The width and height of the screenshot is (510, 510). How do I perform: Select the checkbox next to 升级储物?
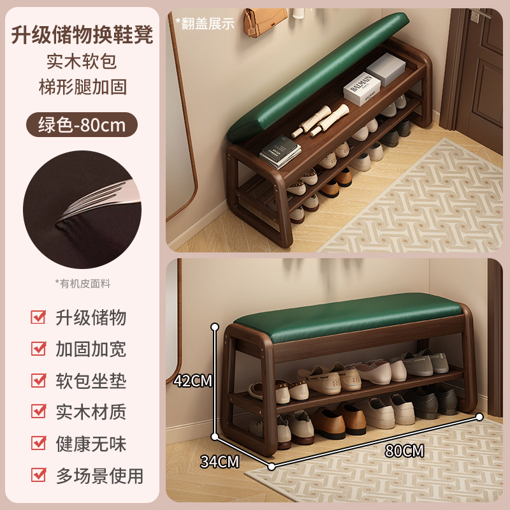point(39,317)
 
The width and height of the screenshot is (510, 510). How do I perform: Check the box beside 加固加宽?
point(39,349)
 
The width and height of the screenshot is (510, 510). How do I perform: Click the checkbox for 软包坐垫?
point(39,381)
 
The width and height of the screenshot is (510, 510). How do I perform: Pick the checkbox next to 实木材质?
point(39,412)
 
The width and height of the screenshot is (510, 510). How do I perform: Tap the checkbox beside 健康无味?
point(39,444)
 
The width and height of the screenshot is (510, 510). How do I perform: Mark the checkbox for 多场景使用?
point(39,475)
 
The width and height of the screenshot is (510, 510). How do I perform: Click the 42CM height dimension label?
point(193,381)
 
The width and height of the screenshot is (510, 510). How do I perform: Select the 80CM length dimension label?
point(404,451)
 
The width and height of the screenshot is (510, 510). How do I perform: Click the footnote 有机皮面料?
point(82,284)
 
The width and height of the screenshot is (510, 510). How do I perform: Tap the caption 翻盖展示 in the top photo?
point(205,23)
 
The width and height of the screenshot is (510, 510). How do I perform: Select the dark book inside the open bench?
point(280,153)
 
